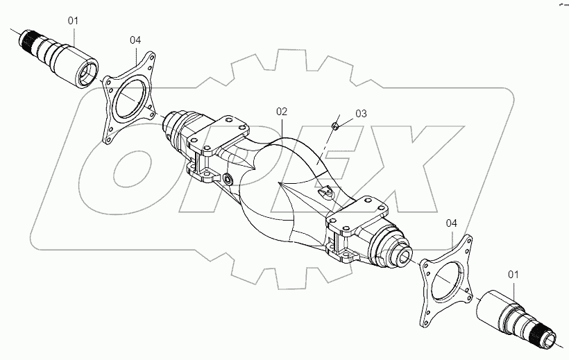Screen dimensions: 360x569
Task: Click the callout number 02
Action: pyautogui.click(x=281, y=110)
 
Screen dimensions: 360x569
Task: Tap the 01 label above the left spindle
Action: pyautogui.click(x=74, y=21)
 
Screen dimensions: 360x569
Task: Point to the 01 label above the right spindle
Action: pyautogui.click(x=513, y=275)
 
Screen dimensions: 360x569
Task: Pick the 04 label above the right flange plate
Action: pyautogui.click(x=452, y=223)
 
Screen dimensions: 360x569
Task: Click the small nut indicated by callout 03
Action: pyautogui.click(x=334, y=125)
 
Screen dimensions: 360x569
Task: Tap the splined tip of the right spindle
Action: pyautogui.click(x=547, y=339)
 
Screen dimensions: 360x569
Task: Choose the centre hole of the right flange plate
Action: pyautogui.click(x=447, y=284)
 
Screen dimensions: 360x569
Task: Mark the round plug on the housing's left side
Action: pyautogui.click(x=228, y=180)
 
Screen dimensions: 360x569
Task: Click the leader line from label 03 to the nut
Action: pyautogui.click(x=346, y=119)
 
